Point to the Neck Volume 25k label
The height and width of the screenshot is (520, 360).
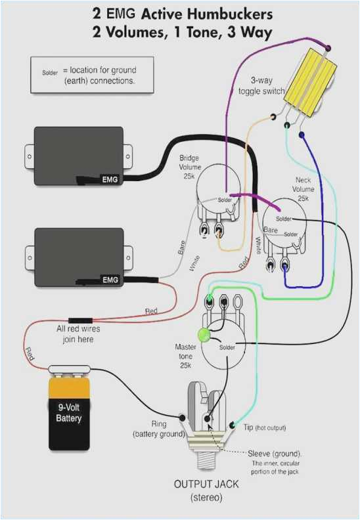[x=303, y=188]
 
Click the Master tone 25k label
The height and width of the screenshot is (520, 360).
[x=186, y=355]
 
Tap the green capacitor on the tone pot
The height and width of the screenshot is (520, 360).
[x=204, y=336]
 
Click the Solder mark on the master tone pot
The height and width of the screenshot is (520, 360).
[x=227, y=347]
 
